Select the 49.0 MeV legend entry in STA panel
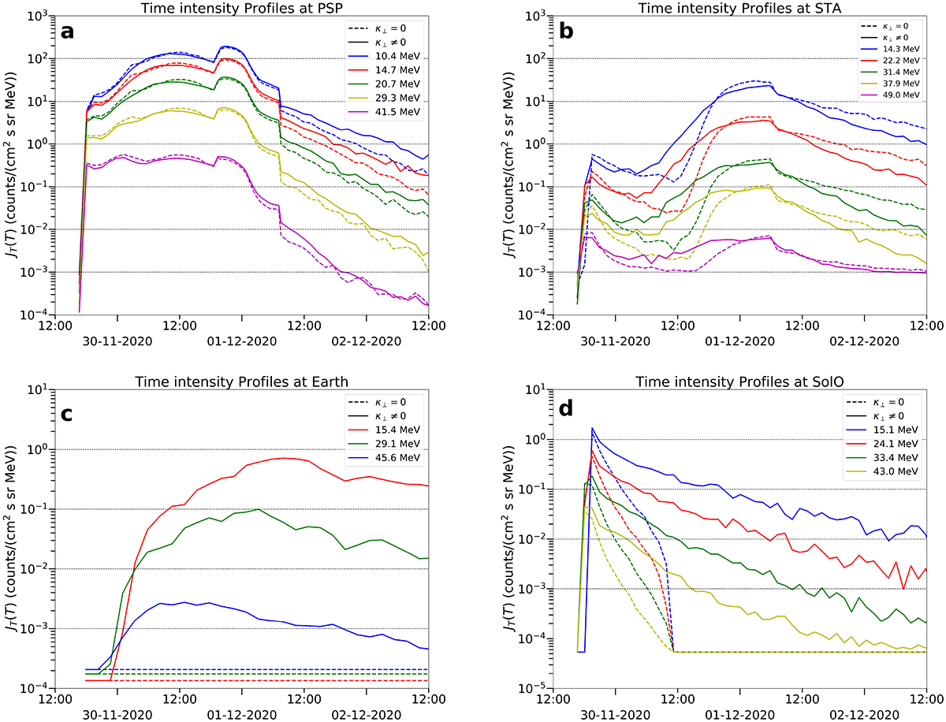pyautogui.click(x=901, y=95)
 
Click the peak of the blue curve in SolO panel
pyautogui.click(x=592, y=428)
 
